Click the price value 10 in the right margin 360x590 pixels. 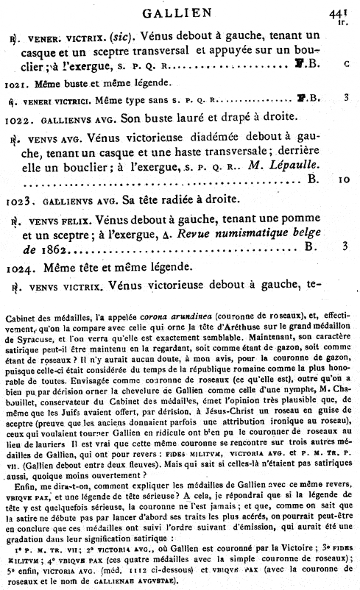coord(345,179)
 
